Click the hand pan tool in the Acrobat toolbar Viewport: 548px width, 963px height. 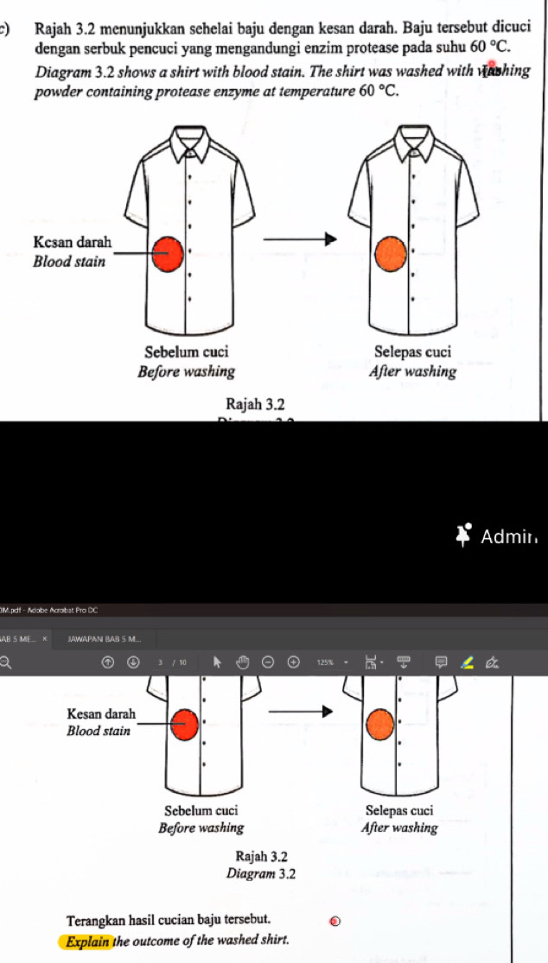pyautogui.click(x=243, y=662)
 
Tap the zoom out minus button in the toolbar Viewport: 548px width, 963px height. pyautogui.click(x=270, y=662)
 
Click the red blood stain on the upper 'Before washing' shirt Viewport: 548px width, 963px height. pyautogui.click(x=169, y=253)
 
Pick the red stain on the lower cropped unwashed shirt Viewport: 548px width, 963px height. pyautogui.click(x=184, y=725)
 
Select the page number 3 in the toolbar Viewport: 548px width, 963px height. pyautogui.click(x=161, y=662)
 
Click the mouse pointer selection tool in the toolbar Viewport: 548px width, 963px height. pyautogui.click(x=217, y=662)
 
